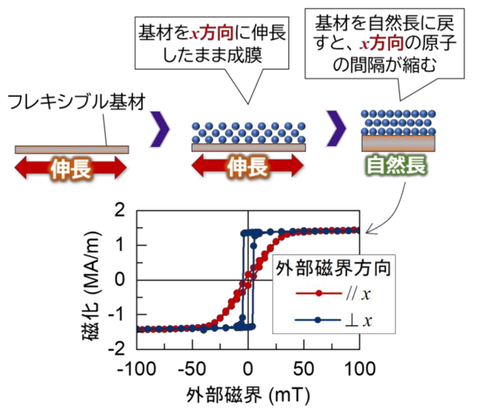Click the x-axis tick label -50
(x=192, y=369)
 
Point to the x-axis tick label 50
(x=304, y=369)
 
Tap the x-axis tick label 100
(x=360, y=369)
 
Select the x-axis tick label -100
(x=137, y=369)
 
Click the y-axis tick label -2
(x=116, y=349)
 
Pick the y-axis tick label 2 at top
(x=120, y=210)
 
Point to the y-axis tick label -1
(x=117, y=314)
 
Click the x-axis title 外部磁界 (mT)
(x=248, y=395)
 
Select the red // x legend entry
(x=333, y=293)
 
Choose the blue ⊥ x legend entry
(x=333, y=320)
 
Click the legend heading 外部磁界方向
(x=334, y=268)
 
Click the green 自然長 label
(x=396, y=166)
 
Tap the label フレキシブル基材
(x=76, y=102)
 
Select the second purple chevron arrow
(x=336, y=128)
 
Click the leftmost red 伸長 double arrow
(x=71, y=168)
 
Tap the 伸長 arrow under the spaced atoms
(x=248, y=166)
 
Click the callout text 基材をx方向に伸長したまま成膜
(x=212, y=44)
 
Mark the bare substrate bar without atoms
(x=72, y=150)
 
